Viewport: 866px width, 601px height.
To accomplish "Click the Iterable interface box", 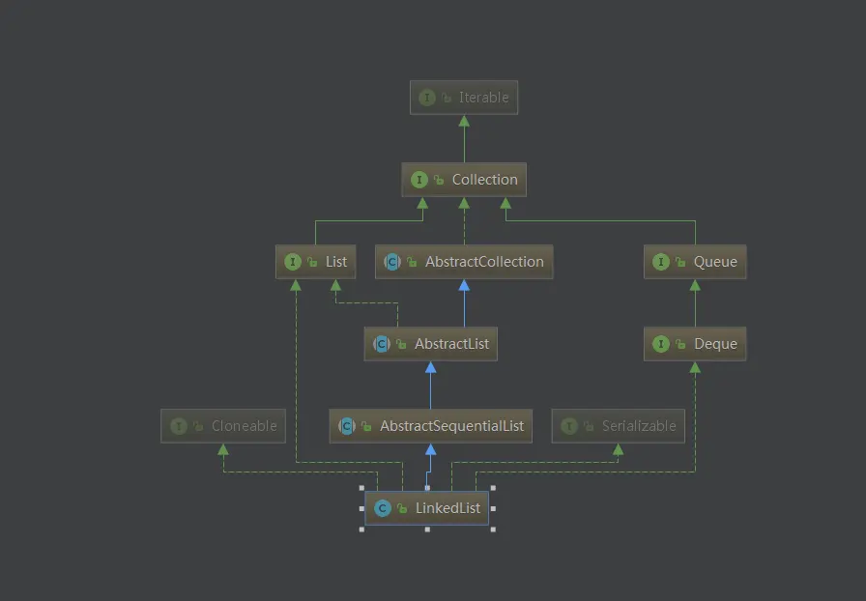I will click(x=464, y=98).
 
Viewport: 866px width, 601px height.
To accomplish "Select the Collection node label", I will click(x=484, y=180).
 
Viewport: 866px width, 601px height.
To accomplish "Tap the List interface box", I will click(x=316, y=262).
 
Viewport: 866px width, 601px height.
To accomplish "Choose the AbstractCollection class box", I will click(x=464, y=262).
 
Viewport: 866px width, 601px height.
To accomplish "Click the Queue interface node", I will click(x=695, y=262).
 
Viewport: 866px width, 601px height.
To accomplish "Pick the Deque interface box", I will click(x=695, y=344).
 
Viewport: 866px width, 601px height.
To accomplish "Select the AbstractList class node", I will click(x=430, y=344).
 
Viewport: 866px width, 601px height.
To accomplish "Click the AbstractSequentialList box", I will click(x=430, y=426).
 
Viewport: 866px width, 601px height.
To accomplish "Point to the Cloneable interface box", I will click(x=223, y=426).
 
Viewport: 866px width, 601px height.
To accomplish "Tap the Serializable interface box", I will click(x=618, y=426).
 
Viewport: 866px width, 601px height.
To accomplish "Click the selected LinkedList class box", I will click(x=427, y=508).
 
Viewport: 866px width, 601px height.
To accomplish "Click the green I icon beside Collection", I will click(x=419, y=180).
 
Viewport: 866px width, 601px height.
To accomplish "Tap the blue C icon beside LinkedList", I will click(x=383, y=508).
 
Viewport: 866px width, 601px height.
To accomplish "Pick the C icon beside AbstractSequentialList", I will click(x=346, y=426).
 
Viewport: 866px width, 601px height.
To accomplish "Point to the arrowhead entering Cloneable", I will click(x=223, y=449).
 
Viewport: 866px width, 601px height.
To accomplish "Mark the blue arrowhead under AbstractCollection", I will click(x=464, y=286).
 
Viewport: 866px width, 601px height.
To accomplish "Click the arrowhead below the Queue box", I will click(x=695, y=286).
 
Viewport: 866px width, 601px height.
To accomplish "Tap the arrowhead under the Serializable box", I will click(x=618, y=449).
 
